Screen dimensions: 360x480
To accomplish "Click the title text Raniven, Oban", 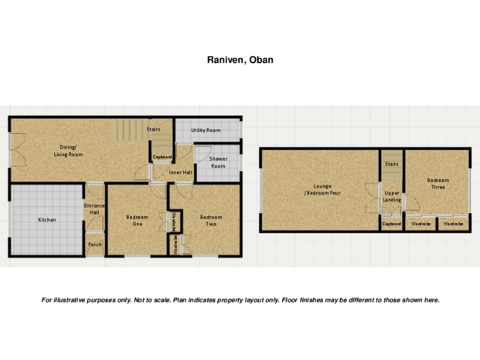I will tap(240, 61).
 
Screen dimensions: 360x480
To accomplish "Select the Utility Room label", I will tap(206, 130).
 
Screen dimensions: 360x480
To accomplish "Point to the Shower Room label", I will tap(218, 162).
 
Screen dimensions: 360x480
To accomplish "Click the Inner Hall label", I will tap(180, 172).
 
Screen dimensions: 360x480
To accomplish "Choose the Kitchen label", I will tap(47, 220).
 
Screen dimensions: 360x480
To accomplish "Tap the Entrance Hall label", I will tap(94, 209).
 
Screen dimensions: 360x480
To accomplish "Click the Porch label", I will tap(94, 244).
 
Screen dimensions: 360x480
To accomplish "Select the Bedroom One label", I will tap(137, 220).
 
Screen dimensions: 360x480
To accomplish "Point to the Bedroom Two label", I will tap(211, 220).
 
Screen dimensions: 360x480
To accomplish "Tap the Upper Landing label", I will tap(392, 196).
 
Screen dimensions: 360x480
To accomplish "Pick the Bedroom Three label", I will tap(437, 184).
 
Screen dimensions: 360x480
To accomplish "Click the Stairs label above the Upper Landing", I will tap(392, 164).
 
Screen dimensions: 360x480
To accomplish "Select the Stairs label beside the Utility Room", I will tap(154, 129).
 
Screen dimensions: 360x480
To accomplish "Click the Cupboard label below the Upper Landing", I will tap(392, 223).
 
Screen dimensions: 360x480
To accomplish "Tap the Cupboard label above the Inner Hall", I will tap(162, 157).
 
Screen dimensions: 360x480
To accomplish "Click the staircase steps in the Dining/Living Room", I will tap(128, 132).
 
